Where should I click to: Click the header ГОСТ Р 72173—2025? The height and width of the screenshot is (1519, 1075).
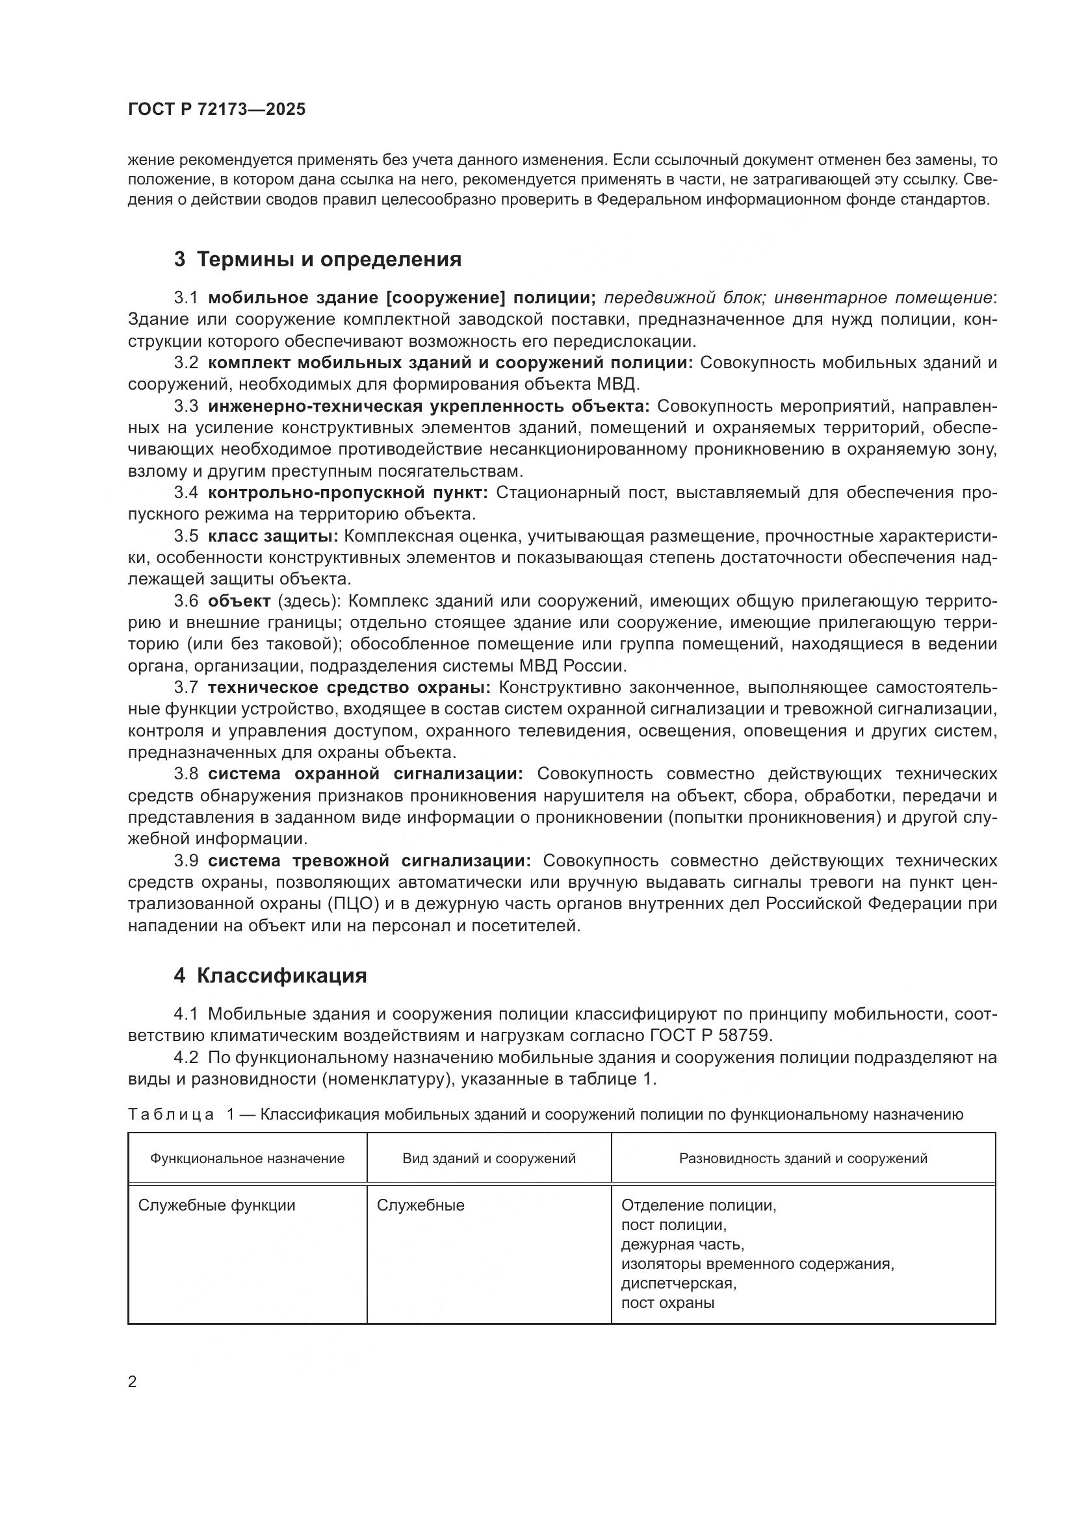tap(217, 110)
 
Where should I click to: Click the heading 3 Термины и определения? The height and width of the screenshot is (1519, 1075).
tap(318, 259)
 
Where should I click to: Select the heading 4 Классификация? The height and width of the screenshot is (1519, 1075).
tap(270, 976)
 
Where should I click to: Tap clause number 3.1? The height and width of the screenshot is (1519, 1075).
tap(186, 297)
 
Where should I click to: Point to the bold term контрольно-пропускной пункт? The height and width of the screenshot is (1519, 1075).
tap(348, 492)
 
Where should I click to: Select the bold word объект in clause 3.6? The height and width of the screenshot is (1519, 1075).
tap(239, 601)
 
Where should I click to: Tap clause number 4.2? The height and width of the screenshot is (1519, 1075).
tap(186, 1057)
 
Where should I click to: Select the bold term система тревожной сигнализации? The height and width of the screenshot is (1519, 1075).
tap(369, 860)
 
